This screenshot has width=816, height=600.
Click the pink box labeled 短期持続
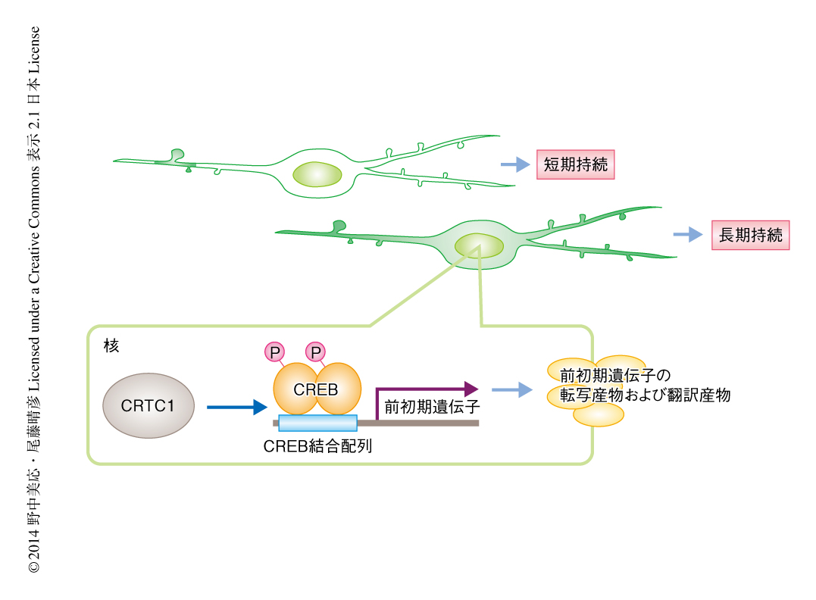[575, 164]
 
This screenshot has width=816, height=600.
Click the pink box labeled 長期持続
[750, 235]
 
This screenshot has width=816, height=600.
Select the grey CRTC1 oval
[148, 405]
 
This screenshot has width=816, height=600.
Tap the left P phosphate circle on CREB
[274, 352]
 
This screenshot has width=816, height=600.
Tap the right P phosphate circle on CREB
[314, 352]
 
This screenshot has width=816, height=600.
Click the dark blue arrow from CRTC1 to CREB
[237, 408]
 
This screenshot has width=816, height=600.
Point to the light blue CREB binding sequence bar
[317, 423]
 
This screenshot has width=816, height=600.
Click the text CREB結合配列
[317, 447]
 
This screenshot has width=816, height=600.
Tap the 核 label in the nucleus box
[111, 345]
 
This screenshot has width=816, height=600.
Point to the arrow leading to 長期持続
[688, 235]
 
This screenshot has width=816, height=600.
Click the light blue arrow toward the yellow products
[511, 390]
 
